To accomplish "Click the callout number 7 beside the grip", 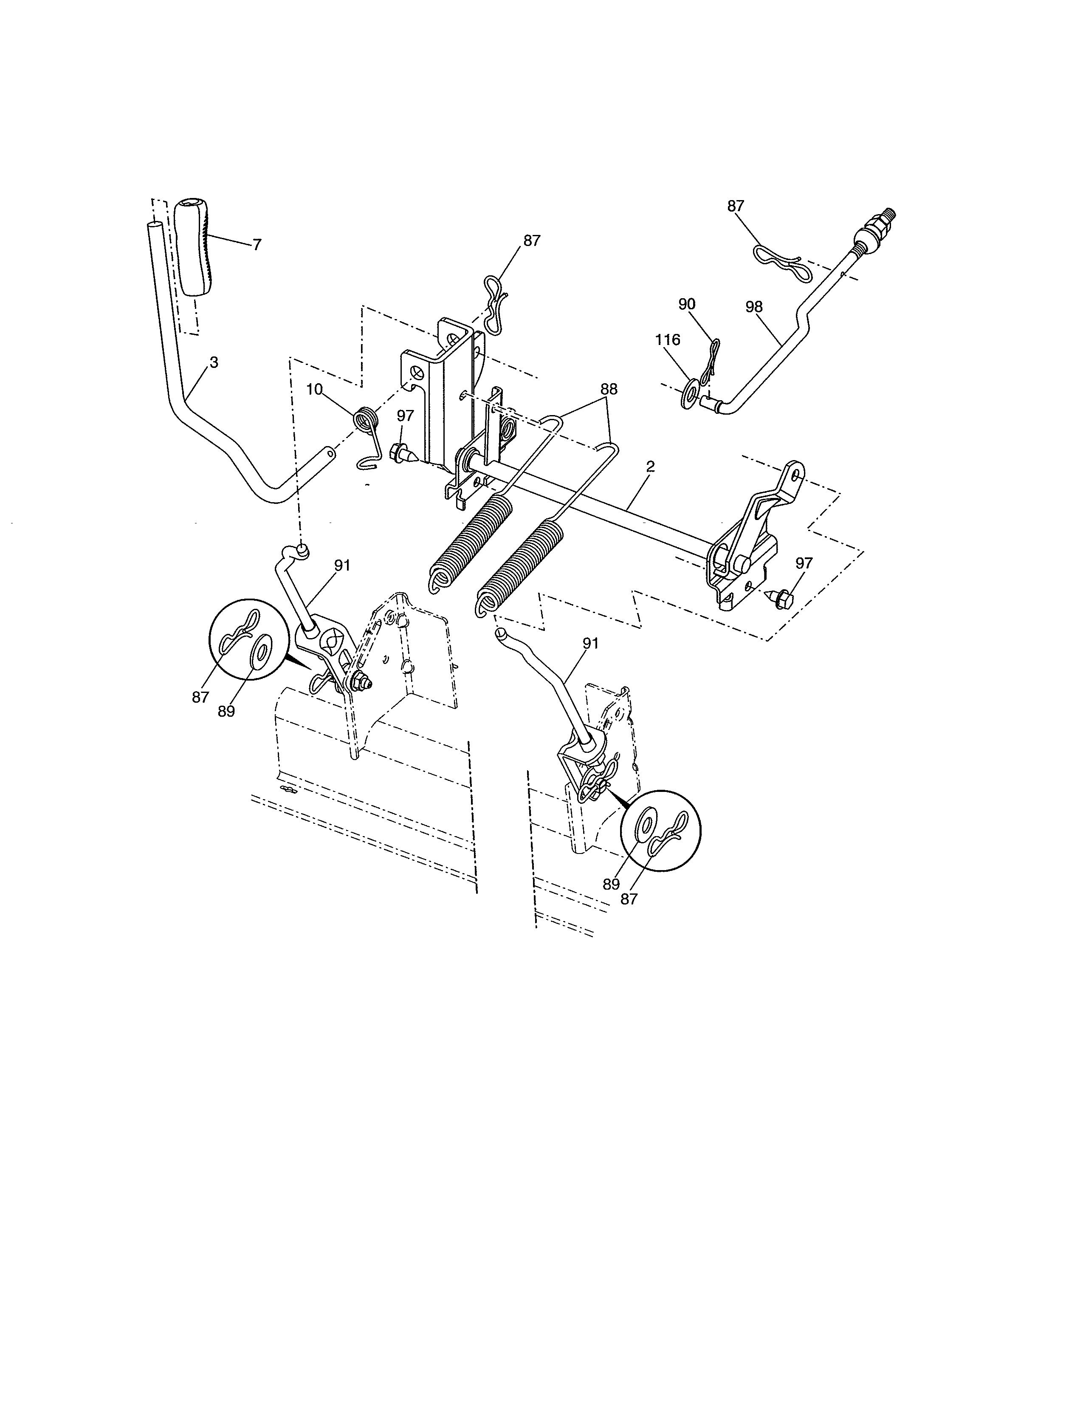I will click(257, 245).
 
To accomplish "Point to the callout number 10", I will click(314, 389).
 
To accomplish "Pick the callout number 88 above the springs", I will click(609, 389).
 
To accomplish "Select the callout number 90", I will click(686, 304).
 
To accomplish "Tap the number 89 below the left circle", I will click(226, 711).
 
